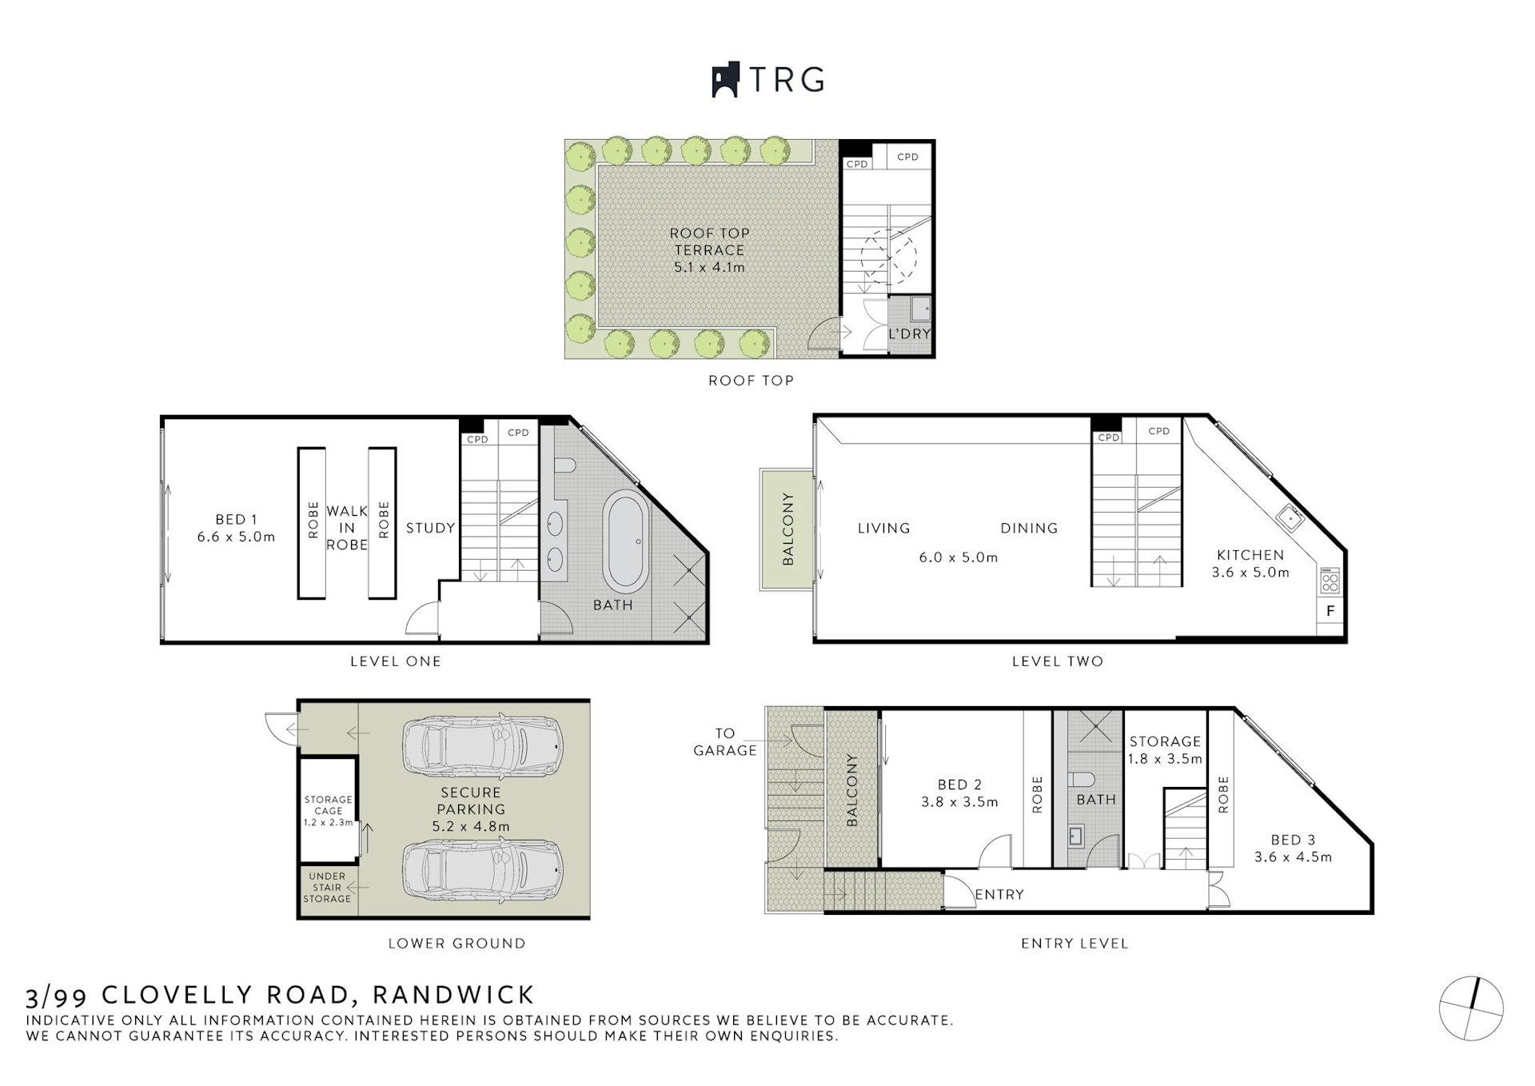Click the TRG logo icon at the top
(724, 80)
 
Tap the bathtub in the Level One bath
(626, 541)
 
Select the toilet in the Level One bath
(564, 465)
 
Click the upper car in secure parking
(482, 746)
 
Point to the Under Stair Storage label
(327, 887)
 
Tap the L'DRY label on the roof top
(910, 333)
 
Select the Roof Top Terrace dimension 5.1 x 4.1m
(709, 267)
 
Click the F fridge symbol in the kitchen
(1330, 611)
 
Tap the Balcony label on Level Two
(787, 529)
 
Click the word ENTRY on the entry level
(999, 894)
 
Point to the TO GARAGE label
(724, 741)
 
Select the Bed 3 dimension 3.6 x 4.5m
(1293, 856)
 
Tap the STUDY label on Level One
(430, 528)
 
